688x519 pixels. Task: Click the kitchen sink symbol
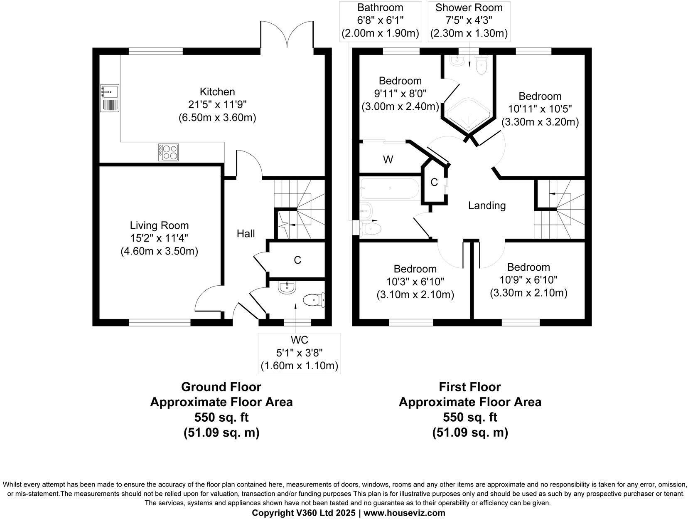pyautogui.click(x=109, y=98)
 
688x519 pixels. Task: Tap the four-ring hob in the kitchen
pyautogui.click(x=168, y=152)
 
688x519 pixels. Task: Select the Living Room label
pyautogui.click(x=159, y=225)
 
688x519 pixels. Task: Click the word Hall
pyautogui.click(x=246, y=233)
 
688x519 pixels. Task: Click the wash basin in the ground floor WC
pyautogui.click(x=287, y=287)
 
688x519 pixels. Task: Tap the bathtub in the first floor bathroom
pyautogui.click(x=390, y=188)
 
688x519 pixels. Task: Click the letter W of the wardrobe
pyautogui.click(x=388, y=160)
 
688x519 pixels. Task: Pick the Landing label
pyautogui.click(x=487, y=205)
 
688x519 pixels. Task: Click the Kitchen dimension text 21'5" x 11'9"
pyautogui.click(x=217, y=104)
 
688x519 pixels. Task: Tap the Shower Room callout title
pyautogui.click(x=469, y=7)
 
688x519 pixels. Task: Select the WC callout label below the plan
pyautogui.click(x=299, y=340)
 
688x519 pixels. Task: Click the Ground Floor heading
pyautogui.click(x=221, y=387)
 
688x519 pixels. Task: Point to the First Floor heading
pyautogui.click(x=469, y=387)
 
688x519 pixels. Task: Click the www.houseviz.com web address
pyautogui.click(x=404, y=513)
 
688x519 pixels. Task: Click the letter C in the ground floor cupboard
pyautogui.click(x=297, y=260)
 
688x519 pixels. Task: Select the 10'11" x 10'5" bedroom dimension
pyautogui.click(x=540, y=109)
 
